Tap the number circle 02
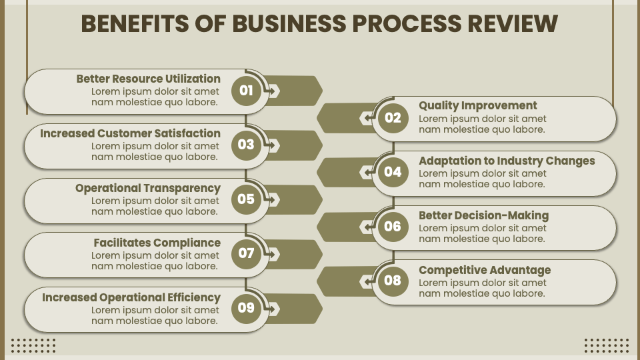393,118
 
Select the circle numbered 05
246,199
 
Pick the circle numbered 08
393,281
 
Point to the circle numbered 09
246,308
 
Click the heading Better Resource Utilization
148,79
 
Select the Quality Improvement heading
477,105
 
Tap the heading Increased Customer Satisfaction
130,133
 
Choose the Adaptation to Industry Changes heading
507,161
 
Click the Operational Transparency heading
147,188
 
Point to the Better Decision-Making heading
483,215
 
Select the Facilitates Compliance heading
157,243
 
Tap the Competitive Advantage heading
485,270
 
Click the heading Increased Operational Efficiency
131,297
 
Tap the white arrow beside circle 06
367,227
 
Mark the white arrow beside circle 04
367,172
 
